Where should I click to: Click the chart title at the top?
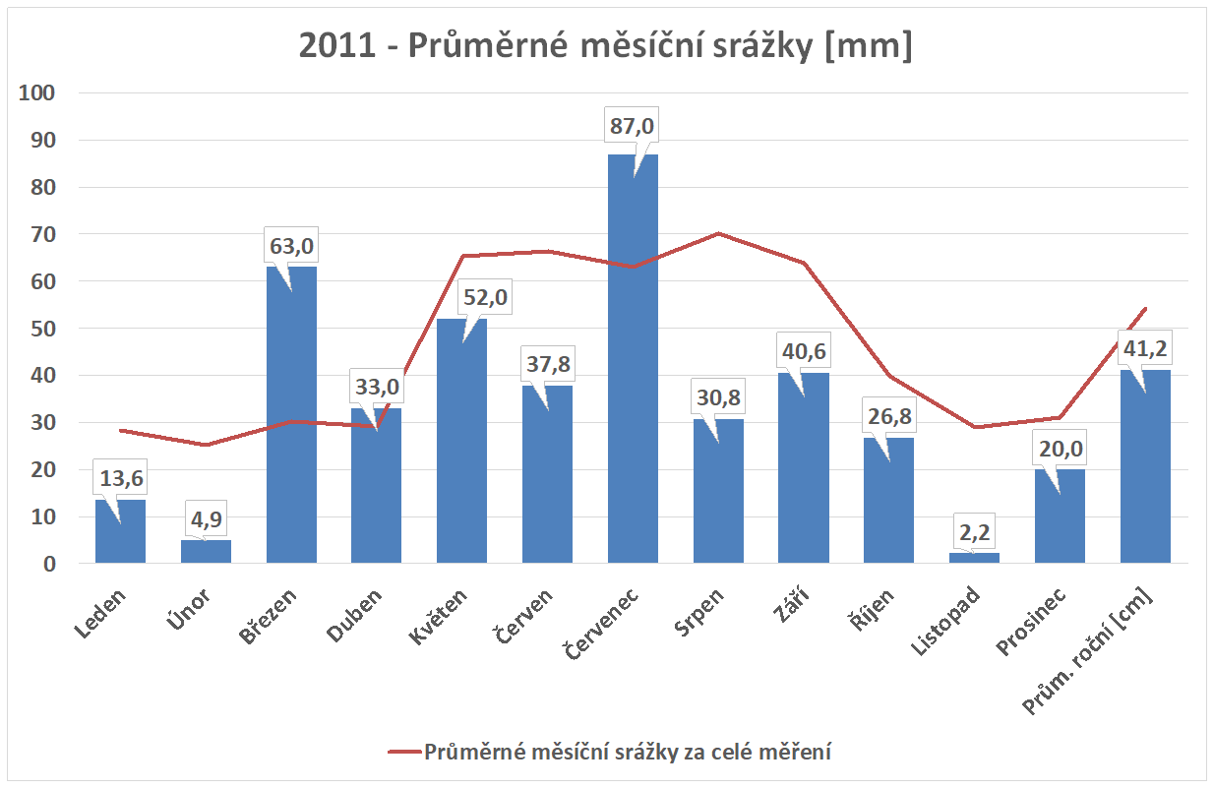coord(606,46)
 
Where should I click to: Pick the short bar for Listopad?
coord(974,558)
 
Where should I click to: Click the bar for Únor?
coord(206,552)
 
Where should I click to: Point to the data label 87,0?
coord(633,127)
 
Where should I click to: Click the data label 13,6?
coord(120,478)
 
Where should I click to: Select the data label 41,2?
coord(1145,348)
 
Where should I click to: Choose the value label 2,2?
coord(974,532)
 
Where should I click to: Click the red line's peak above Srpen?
coord(718,233)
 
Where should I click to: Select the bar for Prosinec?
coord(1060,516)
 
